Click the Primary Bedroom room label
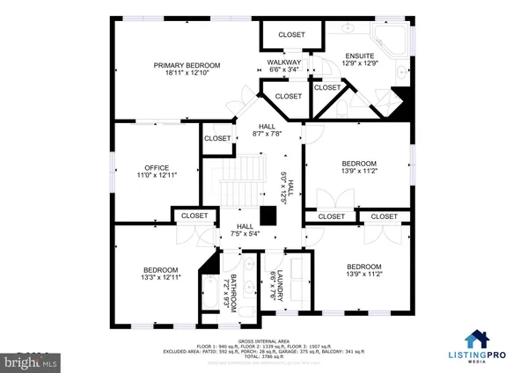(x=187, y=65)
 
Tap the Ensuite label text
(x=358, y=55)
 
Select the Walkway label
(x=284, y=62)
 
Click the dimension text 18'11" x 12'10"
(x=187, y=74)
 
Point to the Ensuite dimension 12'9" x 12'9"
(x=358, y=63)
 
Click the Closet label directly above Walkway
(x=291, y=35)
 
